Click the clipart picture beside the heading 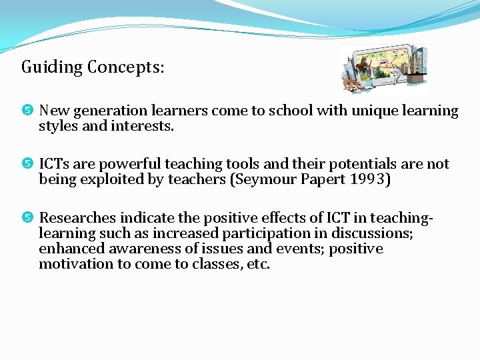coord(383,69)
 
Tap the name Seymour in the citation coord(261,179)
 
